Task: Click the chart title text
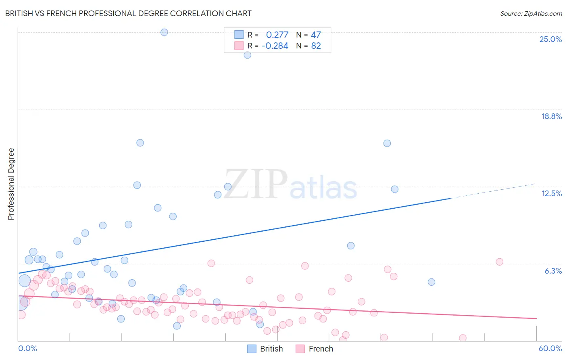tap(128, 14)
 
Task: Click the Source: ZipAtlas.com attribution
tap(531, 14)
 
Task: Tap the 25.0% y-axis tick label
tap(550, 39)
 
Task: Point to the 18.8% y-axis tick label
tap(551, 116)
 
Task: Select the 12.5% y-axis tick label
tap(551, 193)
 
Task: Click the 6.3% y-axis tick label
tap(553, 271)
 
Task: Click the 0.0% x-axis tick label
tap(27, 348)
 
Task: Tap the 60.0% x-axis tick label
tap(550, 348)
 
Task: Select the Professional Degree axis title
tap(11, 184)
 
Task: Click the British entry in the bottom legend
tap(271, 349)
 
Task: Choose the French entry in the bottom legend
tap(321, 349)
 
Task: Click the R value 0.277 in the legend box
tap(277, 35)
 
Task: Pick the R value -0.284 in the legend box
tap(275, 46)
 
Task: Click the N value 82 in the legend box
tap(316, 46)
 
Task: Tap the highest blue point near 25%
tap(164, 32)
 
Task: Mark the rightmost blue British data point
tap(432, 282)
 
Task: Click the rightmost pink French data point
tap(500, 262)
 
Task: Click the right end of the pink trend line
tap(536, 318)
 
